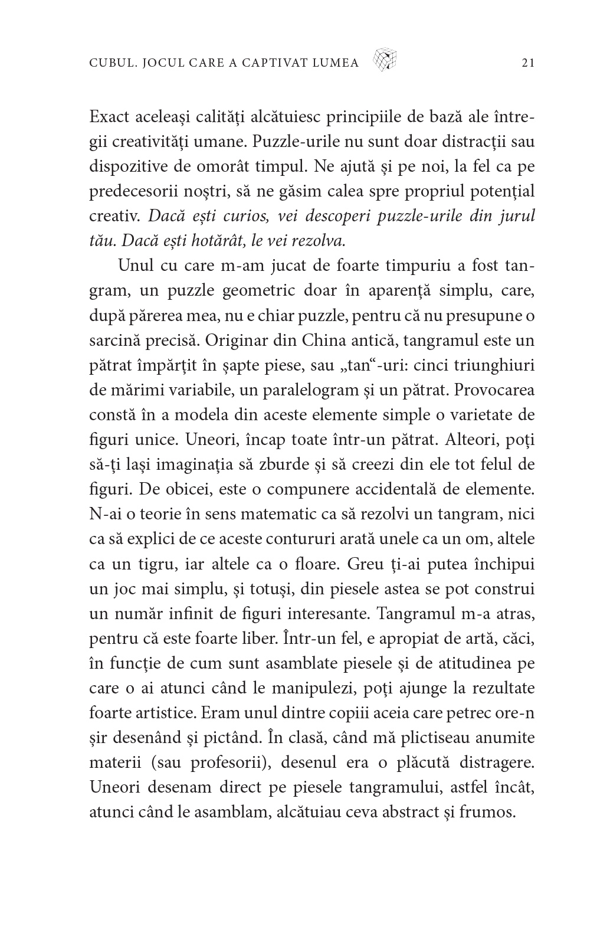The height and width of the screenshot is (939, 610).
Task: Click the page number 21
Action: coord(528,63)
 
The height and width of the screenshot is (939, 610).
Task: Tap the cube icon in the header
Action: coord(385,60)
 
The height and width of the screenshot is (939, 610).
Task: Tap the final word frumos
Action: coord(488,812)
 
